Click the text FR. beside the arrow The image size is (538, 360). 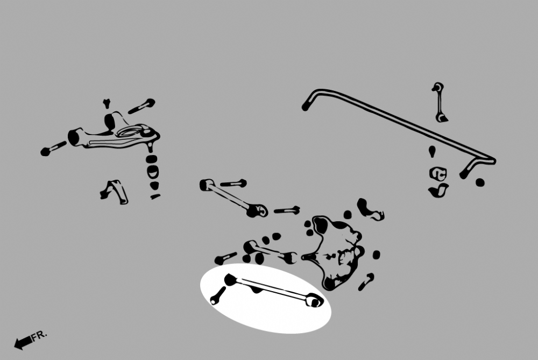coord(39,335)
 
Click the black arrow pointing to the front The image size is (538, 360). coord(23,342)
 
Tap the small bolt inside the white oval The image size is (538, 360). coord(218,296)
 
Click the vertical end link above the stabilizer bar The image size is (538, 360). coord(439,102)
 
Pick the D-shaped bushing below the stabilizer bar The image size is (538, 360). coord(438,173)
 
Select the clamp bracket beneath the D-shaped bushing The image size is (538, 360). coord(438,190)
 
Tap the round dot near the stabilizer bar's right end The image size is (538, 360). coord(480,182)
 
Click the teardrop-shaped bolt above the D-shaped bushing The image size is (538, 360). coord(432,151)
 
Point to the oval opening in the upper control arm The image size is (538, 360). coord(129,131)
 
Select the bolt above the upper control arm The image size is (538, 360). coord(141,106)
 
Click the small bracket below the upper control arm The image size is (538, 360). coord(114,192)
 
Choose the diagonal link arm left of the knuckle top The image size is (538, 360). coord(233,198)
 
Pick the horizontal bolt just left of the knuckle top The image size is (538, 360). coord(287,210)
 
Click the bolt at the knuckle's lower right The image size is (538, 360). coord(366,282)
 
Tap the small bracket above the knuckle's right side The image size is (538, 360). coord(370,209)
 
